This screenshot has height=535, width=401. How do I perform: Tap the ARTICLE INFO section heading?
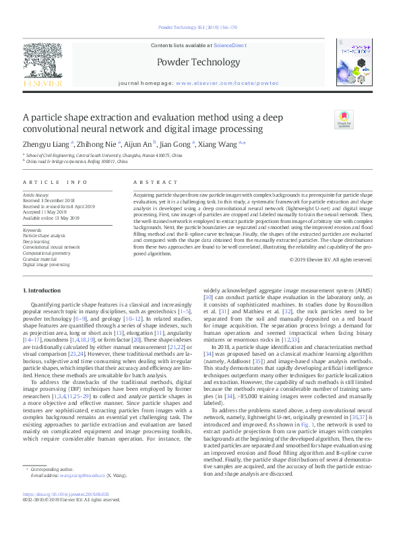point(55,183)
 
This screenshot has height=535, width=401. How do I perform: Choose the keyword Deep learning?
point(37,241)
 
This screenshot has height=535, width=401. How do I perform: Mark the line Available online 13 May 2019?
point(51,218)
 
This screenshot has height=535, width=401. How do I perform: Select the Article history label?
point(36,195)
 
